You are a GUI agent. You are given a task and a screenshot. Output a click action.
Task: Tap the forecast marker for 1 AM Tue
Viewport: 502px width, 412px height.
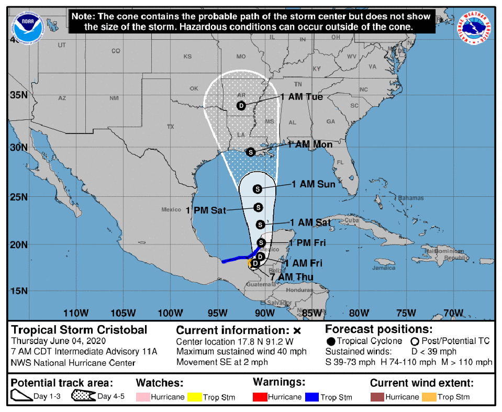(241, 106)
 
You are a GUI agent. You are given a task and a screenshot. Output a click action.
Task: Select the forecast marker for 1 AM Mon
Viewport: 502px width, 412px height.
(250, 152)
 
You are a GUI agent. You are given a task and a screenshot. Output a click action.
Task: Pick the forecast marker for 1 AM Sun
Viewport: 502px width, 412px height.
(257, 189)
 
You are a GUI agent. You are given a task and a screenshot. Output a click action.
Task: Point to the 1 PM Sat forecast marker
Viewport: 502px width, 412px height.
(258, 207)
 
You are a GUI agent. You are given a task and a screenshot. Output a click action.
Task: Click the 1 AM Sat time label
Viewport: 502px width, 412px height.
(310, 222)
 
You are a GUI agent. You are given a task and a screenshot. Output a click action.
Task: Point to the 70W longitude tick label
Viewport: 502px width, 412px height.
(453, 314)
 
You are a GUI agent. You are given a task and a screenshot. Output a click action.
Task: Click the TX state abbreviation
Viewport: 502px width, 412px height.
(170, 127)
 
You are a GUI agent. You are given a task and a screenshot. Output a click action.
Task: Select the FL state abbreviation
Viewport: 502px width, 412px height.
(339, 162)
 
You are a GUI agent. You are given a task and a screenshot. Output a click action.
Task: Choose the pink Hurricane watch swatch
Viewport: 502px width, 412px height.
(142, 397)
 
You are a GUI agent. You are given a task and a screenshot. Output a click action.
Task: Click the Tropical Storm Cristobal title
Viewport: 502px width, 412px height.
(79, 330)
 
